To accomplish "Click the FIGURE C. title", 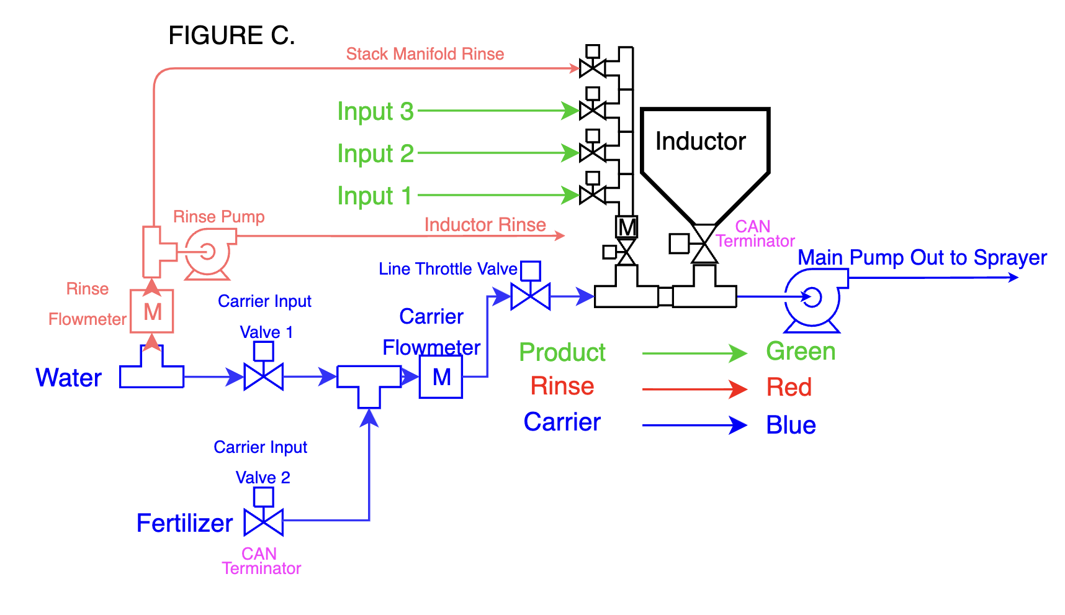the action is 231,35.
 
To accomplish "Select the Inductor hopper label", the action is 701,142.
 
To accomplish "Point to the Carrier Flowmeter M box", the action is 441,376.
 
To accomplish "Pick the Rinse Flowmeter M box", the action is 152,311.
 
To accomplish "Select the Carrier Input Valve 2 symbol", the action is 264,512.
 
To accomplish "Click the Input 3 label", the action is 375,111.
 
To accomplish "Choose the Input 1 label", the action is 375,196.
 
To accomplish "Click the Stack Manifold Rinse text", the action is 425,54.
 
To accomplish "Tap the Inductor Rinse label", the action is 485,224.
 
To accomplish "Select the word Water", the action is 69,378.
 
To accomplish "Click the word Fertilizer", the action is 185,523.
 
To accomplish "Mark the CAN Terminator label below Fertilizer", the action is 261,561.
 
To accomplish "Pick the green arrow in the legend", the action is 694,353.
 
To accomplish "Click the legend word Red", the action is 789,388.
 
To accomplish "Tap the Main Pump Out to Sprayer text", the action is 922,257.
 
